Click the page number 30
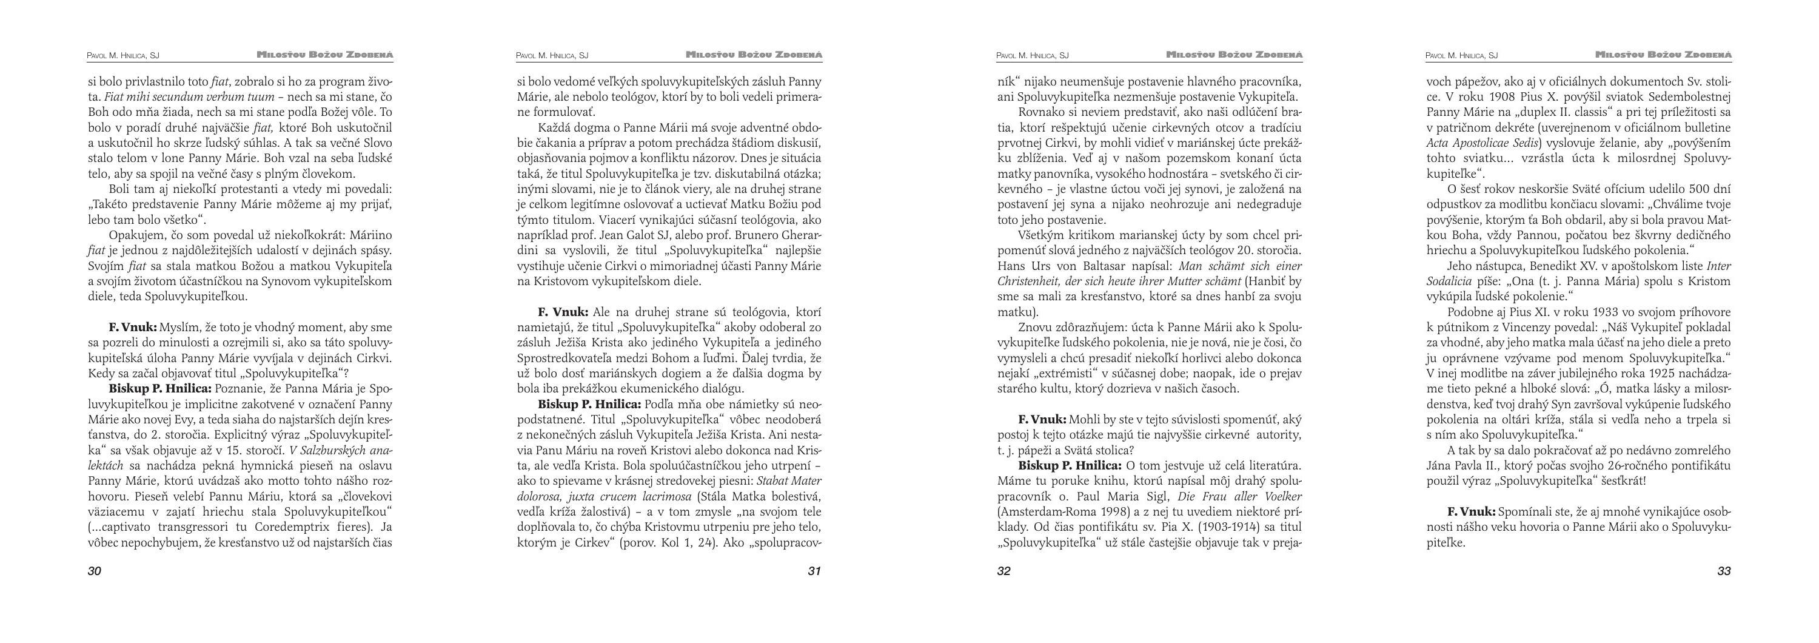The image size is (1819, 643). [x=95, y=571]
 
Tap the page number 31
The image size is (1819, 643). [x=814, y=571]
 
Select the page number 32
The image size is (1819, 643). [x=1004, y=571]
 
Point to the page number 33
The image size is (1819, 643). [x=1724, y=571]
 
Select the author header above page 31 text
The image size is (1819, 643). [x=552, y=55]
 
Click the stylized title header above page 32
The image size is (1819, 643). [x=1234, y=55]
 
